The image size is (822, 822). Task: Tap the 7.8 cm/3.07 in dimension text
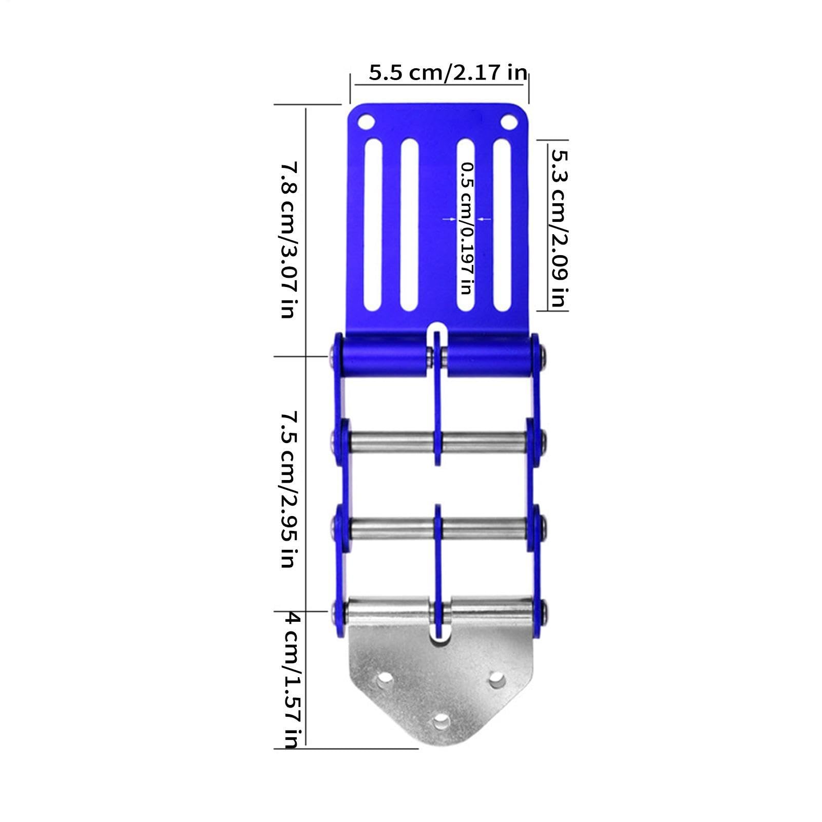click(x=289, y=240)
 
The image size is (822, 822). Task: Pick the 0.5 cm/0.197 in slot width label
click(x=466, y=228)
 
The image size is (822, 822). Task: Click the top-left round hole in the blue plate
click(x=366, y=123)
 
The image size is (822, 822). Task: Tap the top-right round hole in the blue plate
click(x=508, y=123)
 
